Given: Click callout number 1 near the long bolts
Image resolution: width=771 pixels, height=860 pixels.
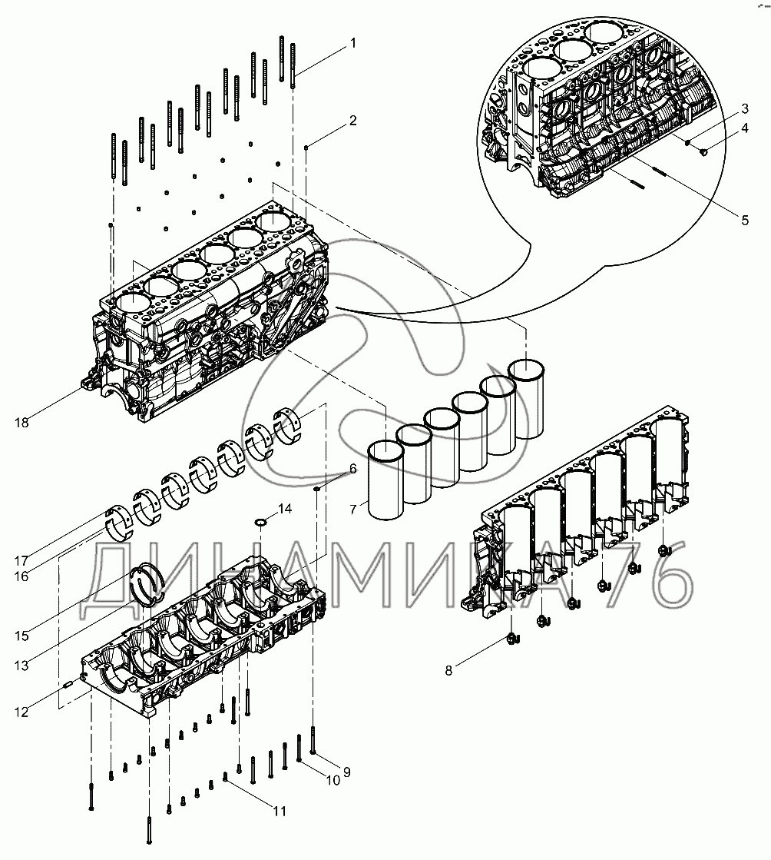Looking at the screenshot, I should click(352, 43).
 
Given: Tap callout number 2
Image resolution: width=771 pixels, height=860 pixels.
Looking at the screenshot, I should click(352, 121).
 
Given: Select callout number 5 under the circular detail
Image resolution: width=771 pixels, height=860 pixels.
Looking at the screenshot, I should click(744, 221).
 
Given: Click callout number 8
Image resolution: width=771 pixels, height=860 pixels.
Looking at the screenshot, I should click(448, 670).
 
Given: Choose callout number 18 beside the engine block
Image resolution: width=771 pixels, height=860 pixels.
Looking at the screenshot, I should click(21, 422).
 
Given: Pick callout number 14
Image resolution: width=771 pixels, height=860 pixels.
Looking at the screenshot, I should click(285, 509).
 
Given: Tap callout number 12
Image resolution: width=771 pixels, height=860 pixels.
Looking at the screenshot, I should click(21, 712).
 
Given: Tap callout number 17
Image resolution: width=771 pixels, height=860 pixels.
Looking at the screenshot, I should click(21, 560).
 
